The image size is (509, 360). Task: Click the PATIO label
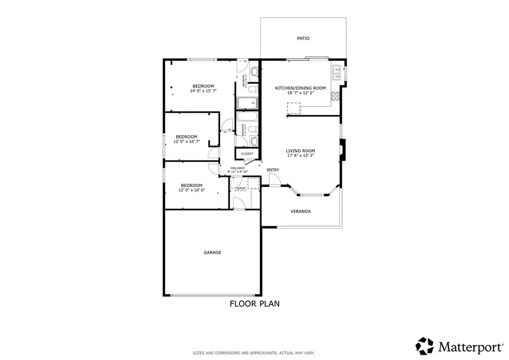(x=304, y=38)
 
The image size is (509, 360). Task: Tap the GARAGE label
(x=212, y=253)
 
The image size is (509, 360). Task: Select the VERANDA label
(x=301, y=211)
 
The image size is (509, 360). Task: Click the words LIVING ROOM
(x=300, y=151)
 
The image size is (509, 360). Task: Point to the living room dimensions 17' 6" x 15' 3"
(x=300, y=156)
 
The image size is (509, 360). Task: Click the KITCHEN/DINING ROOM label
(x=300, y=88)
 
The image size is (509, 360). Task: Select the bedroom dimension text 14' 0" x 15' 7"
(x=203, y=91)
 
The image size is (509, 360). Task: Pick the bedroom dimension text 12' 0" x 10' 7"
(x=186, y=142)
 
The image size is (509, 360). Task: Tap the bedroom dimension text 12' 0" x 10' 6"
(x=191, y=190)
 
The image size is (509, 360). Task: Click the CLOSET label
(x=247, y=154)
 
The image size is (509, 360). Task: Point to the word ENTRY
(x=273, y=170)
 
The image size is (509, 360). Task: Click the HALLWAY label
(x=238, y=168)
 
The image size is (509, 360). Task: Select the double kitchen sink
(x=337, y=72)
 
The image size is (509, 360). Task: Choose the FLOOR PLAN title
(x=254, y=303)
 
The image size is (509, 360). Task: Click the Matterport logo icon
(x=425, y=346)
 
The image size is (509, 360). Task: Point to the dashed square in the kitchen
(x=294, y=108)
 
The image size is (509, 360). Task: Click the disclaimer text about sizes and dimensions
(x=254, y=353)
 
